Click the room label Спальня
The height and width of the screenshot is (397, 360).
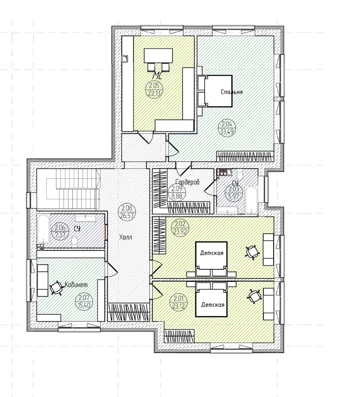click(x=232, y=92)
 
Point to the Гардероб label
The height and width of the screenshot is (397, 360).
click(x=187, y=182)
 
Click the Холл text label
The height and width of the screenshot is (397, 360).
click(x=126, y=237)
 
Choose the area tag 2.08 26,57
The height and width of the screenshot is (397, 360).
click(x=127, y=212)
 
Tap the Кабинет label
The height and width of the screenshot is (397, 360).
click(x=76, y=285)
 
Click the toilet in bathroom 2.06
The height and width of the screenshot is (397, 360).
click(x=75, y=241)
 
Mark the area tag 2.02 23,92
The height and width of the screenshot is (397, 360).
click(x=180, y=228)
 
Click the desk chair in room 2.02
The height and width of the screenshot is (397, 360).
click(x=252, y=252)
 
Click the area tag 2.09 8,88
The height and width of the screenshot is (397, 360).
click(x=177, y=192)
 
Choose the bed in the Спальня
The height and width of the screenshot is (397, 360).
click(x=215, y=91)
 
